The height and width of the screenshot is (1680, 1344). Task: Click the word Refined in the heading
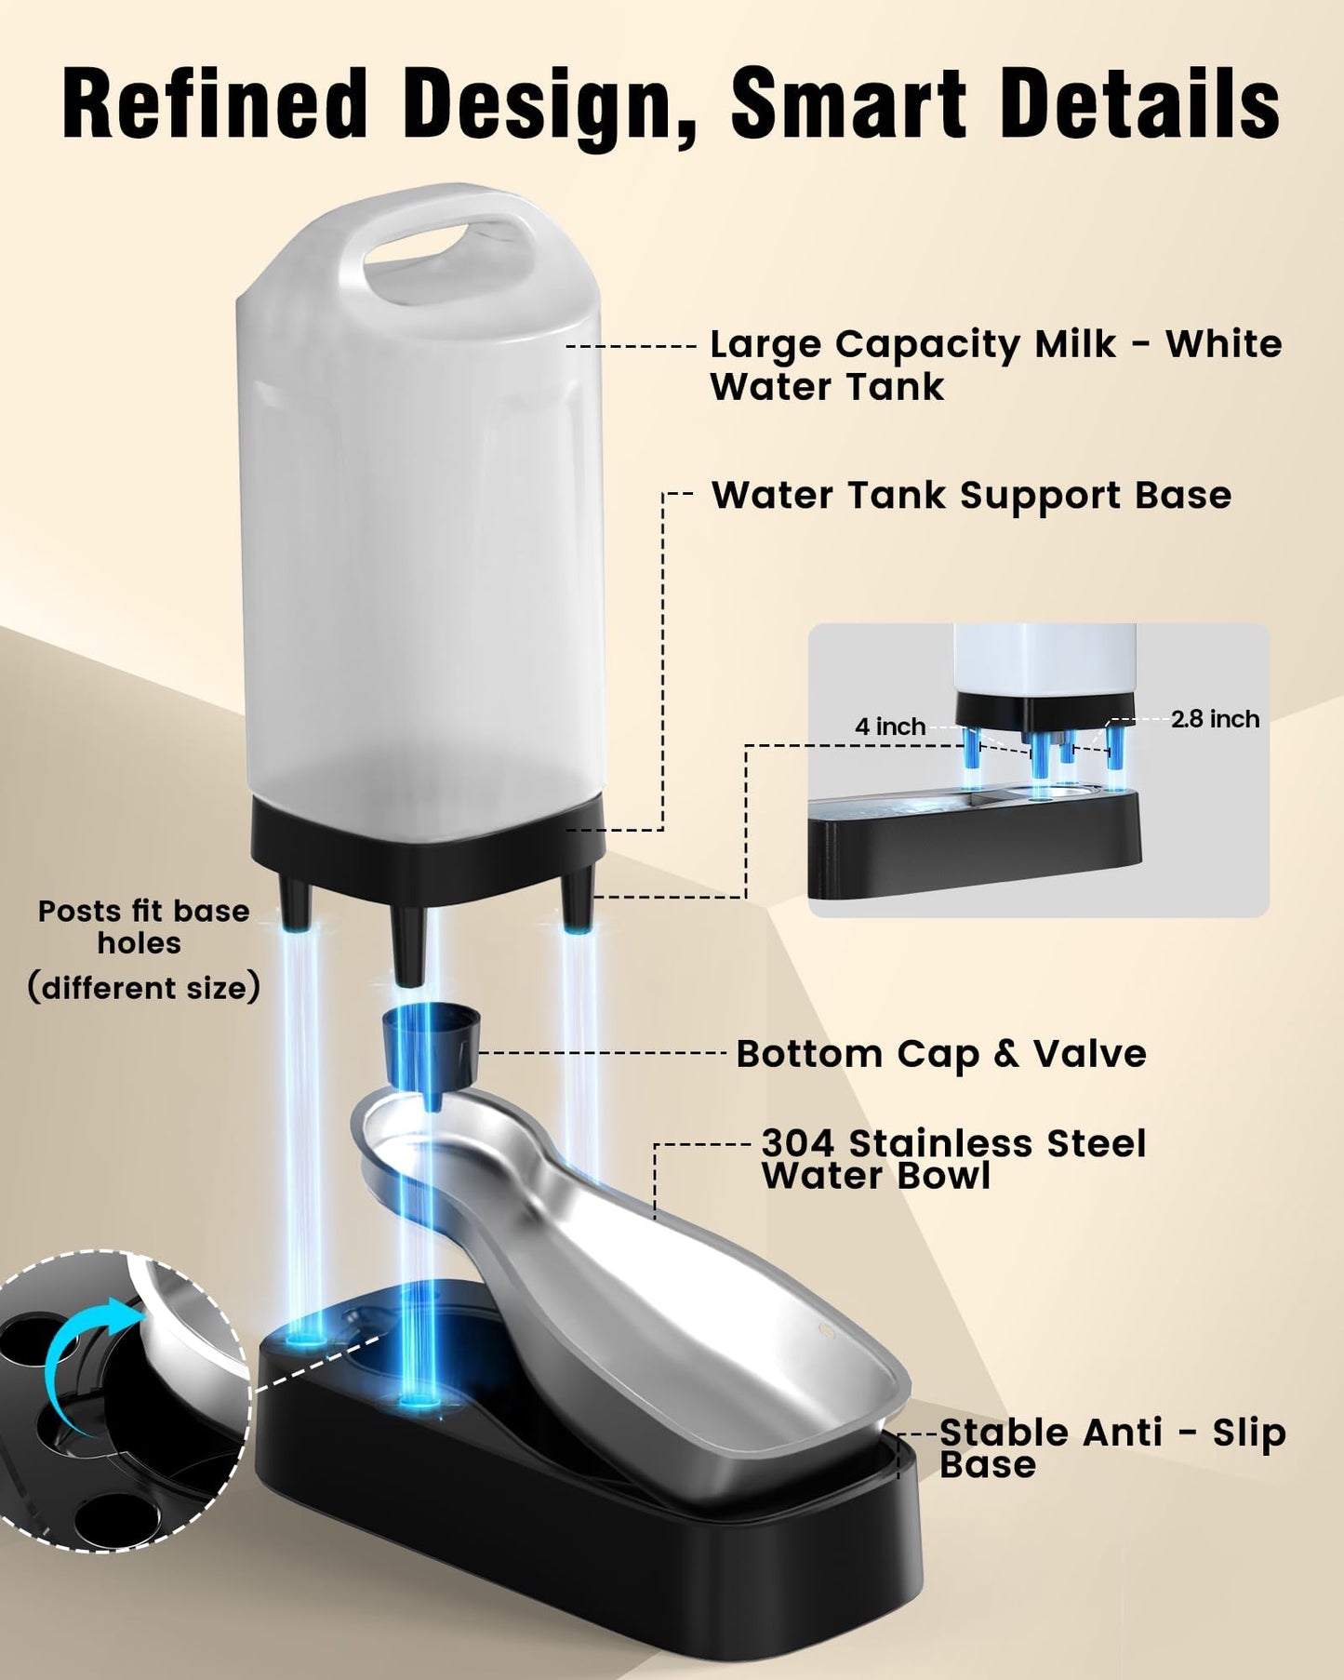[215, 103]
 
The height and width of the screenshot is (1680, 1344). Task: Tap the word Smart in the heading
[848, 103]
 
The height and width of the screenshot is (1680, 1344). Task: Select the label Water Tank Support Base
[971, 495]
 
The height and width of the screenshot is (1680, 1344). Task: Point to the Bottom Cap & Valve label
[941, 1054]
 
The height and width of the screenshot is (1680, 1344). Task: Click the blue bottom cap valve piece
[430, 1052]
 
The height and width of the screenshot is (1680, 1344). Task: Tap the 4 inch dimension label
[890, 726]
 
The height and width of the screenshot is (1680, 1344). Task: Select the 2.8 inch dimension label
[1215, 718]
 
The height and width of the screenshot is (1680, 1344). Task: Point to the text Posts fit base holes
[143, 927]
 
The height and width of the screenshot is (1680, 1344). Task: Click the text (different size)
[143, 987]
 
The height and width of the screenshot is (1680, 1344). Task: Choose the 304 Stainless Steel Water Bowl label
[953, 1159]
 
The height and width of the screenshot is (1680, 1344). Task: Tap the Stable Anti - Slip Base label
[1112, 1447]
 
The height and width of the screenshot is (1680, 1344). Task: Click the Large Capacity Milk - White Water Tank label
[996, 365]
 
